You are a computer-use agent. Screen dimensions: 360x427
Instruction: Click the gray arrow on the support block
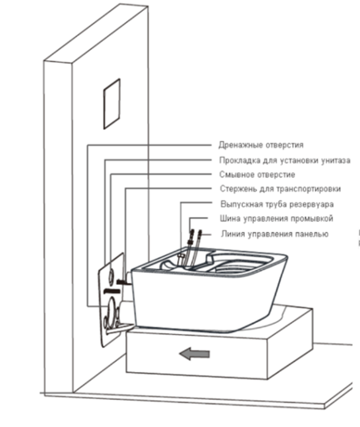click(x=194, y=353)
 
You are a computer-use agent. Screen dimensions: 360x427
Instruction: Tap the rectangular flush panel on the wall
click(x=111, y=104)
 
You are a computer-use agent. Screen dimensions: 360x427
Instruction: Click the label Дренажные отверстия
click(x=261, y=145)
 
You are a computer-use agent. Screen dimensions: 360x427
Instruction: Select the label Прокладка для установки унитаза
click(x=285, y=161)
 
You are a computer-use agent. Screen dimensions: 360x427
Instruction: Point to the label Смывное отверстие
click(x=257, y=174)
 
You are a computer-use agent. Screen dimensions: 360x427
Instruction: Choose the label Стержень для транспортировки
click(x=280, y=189)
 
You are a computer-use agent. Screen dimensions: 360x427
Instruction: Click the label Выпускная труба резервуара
click(x=277, y=204)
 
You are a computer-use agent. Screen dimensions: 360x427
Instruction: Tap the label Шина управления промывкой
click(x=277, y=219)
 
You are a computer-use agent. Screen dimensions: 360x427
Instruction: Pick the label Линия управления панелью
click(x=274, y=234)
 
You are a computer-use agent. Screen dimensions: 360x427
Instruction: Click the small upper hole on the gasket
click(x=112, y=276)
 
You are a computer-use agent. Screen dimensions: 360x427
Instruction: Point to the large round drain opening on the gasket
click(x=111, y=311)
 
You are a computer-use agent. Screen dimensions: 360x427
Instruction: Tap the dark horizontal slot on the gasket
click(x=112, y=291)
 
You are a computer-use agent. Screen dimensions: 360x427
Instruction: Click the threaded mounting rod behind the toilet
click(x=124, y=282)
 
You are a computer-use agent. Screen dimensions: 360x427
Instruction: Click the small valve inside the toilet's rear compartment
click(x=181, y=257)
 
